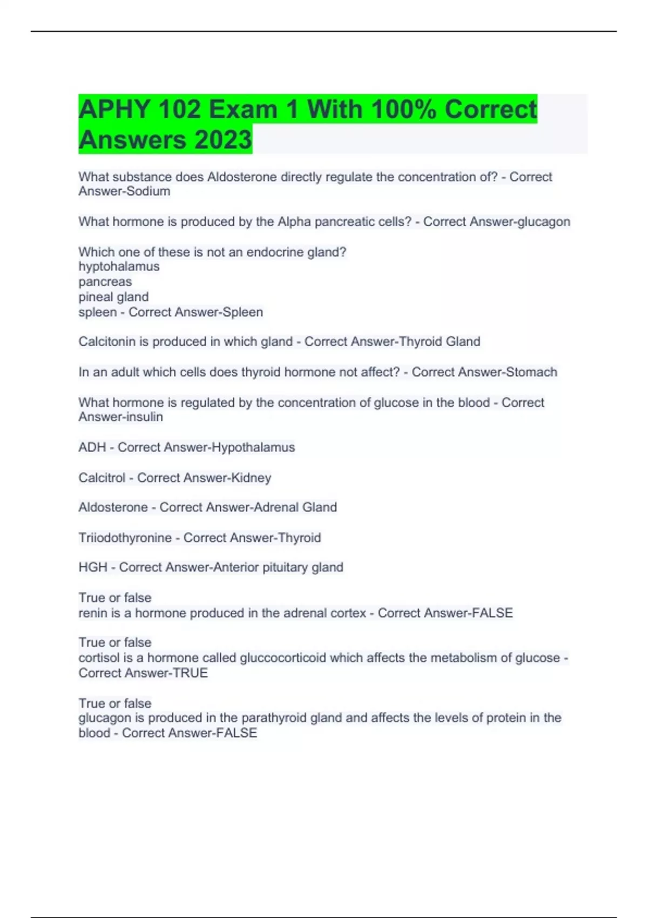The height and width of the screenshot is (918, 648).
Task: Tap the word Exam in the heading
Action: pos(243,110)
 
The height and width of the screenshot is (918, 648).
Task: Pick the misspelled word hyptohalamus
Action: pos(119,266)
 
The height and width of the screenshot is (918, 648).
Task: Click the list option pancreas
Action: pos(105,281)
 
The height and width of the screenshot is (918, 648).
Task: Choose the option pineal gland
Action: pos(113,296)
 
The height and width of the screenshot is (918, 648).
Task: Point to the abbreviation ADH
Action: pos(92,447)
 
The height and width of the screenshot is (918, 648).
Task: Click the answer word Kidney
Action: pos(251,477)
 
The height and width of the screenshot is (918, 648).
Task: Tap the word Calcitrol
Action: pos(102,477)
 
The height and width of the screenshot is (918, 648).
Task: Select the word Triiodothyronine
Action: pos(125,537)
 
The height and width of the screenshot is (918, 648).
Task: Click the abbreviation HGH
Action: pos(93,567)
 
